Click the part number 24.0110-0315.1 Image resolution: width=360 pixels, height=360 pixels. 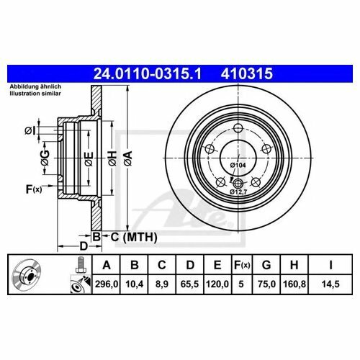pyautogui.click(x=147, y=73)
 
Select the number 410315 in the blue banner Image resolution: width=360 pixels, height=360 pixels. pyautogui.click(x=247, y=73)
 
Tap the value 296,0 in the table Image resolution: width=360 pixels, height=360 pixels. pyautogui.click(x=107, y=284)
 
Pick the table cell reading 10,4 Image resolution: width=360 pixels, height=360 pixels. pyautogui.click(x=135, y=284)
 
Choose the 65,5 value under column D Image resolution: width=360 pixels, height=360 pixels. pyautogui.click(x=189, y=284)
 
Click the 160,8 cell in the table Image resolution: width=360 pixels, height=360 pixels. pyautogui.click(x=294, y=284)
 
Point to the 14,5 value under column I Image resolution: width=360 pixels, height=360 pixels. pyautogui.click(x=330, y=284)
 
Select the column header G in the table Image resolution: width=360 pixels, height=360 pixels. pyautogui.click(x=266, y=265)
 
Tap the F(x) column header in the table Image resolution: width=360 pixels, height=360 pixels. pyautogui.click(x=242, y=265)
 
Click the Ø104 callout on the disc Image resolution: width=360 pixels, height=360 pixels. pyautogui.click(x=238, y=165)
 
